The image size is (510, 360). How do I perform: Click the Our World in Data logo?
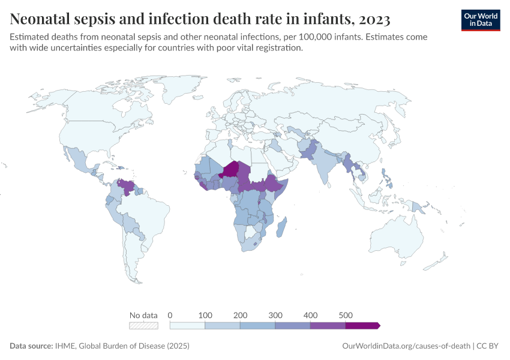pyautogui.click(x=480, y=20)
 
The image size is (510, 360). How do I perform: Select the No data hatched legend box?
pyautogui.click(x=143, y=326)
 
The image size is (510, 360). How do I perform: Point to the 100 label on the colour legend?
pyautogui.click(x=205, y=315)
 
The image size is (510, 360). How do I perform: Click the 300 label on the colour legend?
pyautogui.click(x=275, y=315)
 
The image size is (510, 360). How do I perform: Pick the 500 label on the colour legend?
pyautogui.click(x=346, y=315)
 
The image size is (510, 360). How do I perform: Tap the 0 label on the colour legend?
pyautogui.click(x=170, y=315)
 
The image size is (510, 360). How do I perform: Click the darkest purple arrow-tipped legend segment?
pyautogui.click(x=362, y=326)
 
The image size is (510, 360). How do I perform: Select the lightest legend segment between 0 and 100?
pyautogui.click(x=188, y=326)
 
